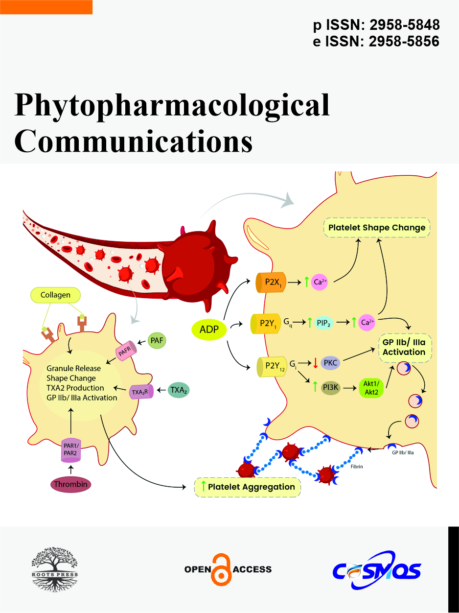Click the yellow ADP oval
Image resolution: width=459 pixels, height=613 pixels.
[x=209, y=330]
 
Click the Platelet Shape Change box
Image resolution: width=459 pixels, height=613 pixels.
[x=377, y=228]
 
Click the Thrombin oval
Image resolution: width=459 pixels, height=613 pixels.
[x=71, y=485]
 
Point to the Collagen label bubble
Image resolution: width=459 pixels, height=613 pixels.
[x=55, y=295]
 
